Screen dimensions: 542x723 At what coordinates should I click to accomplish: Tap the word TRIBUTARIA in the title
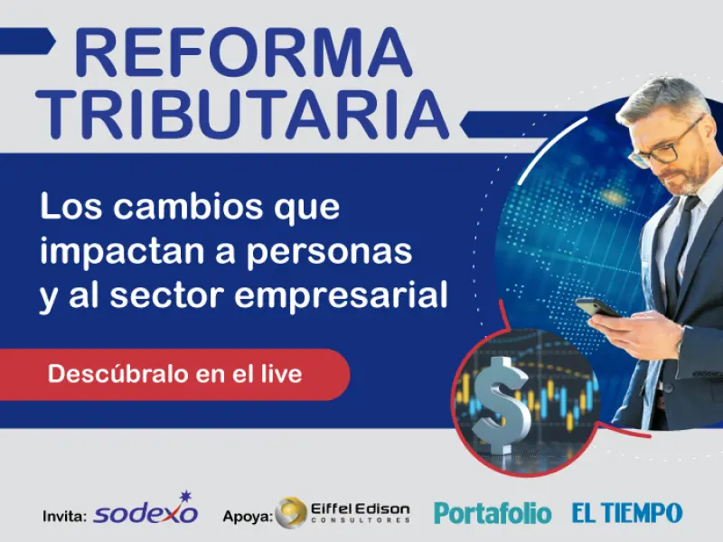click(248, 116)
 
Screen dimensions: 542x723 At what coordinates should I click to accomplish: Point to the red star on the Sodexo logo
click(187, 496)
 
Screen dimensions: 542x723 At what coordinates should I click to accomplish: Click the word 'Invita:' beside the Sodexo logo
click(64, 517)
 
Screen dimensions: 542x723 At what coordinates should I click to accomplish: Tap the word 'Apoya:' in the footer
click(247, 517)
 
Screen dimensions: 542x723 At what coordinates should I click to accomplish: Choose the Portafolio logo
click(492, 513)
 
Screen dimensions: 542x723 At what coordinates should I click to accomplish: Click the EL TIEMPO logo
click(626, 513)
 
